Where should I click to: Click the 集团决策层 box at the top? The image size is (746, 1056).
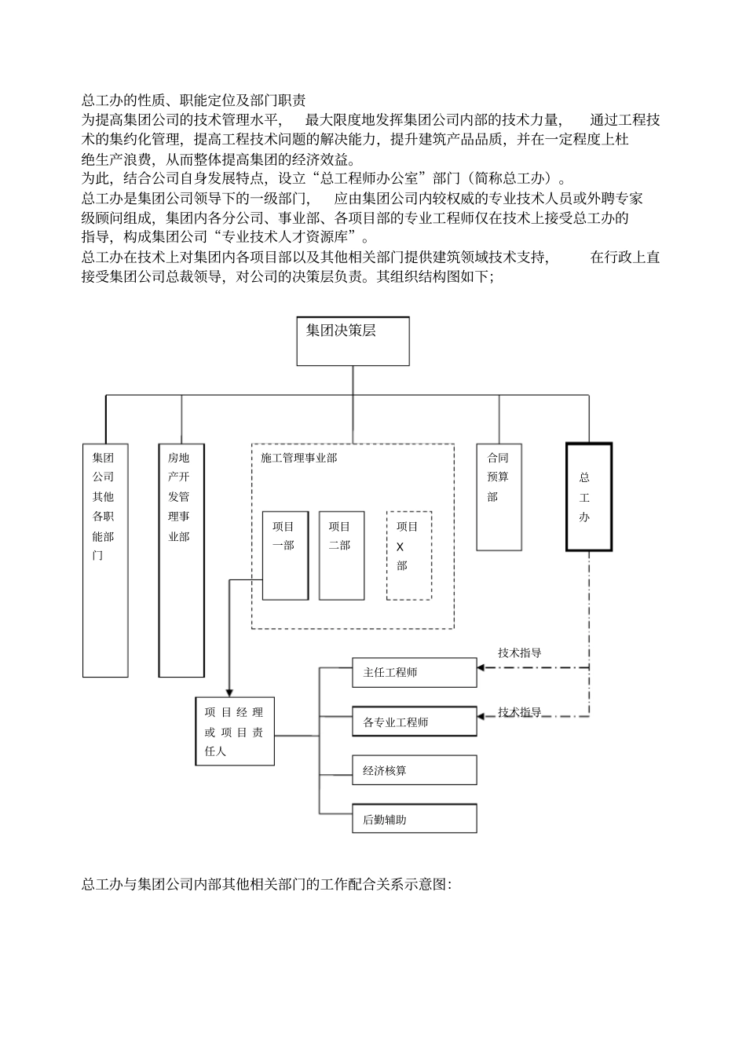coord(353,341)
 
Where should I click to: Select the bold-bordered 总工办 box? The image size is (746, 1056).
coord(588,496)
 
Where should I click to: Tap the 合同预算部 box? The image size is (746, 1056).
coord(499,496)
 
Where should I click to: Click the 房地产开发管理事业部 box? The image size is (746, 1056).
coord(181,559)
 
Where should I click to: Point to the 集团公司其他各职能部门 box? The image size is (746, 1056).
coord(105,559)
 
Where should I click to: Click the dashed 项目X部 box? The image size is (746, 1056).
coord(408,555)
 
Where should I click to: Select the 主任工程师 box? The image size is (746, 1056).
coord(414,673)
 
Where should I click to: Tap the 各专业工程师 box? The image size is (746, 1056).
coord(414,722)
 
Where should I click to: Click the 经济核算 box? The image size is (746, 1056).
coord(414,770)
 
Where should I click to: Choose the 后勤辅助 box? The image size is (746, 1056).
coord(414,819)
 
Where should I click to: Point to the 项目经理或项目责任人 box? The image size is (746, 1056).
coord(235,731)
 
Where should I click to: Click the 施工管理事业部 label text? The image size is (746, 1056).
coord(298,457)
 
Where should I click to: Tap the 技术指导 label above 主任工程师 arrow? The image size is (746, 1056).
coord(520,652)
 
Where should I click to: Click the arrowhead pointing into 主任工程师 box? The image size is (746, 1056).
coord(481,668)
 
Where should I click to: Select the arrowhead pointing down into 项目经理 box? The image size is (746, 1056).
coord(229,692)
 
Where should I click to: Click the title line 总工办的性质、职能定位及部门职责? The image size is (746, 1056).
coord(194,100)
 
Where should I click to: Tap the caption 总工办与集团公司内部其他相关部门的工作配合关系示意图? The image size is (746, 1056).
coord(266,884)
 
